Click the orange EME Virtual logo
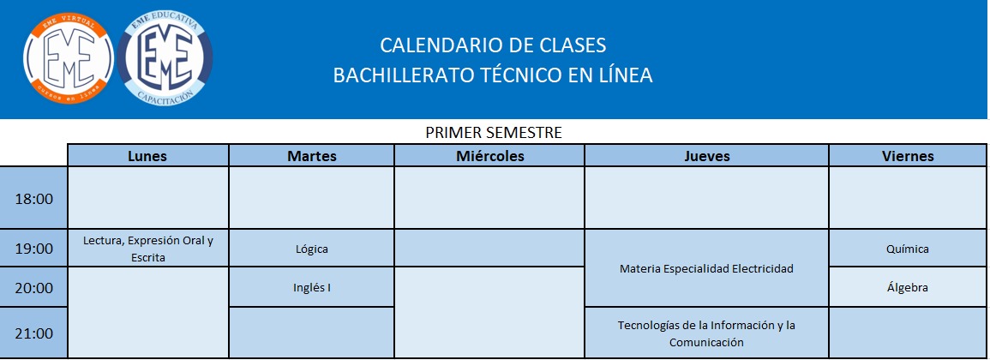click(69, 59)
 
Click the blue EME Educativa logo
click(165, 59)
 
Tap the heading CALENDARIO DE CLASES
click(493, 45)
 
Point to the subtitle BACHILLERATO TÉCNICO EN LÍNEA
click(493, 75)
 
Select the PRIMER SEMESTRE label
click(494, 133)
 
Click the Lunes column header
click(147, 155)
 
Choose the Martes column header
click(312, 155)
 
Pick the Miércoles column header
click(490, 155)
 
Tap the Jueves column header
click(706, 155)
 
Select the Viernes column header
click(908, 155)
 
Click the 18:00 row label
click(34, 198)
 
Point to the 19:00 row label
click(34, 249)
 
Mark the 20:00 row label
click(34, 287)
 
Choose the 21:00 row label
click(34, 333)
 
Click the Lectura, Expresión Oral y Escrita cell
click(147, 249)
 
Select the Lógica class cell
click(312, 249)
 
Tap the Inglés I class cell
click(312, 287)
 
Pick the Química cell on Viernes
click(908, 249)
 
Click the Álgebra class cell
click(908, 287)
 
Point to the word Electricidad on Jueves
click(762, 268)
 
